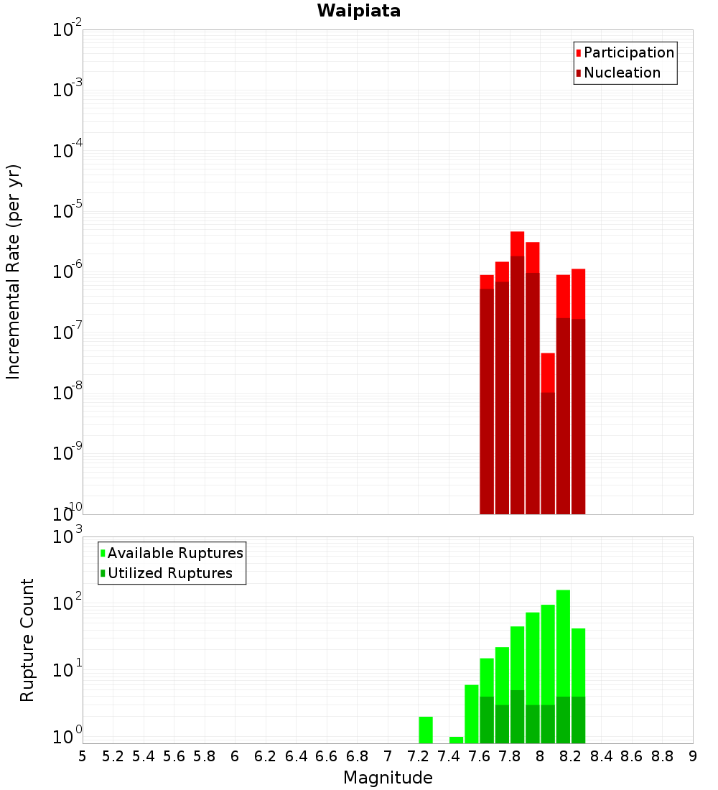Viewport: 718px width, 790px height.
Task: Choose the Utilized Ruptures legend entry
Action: tap(169, 573)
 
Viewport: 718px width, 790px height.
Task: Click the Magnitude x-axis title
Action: tap(388, 778)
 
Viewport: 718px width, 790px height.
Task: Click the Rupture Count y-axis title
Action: tap(27, 639)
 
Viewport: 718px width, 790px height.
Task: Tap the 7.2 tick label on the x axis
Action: tap(418, 756)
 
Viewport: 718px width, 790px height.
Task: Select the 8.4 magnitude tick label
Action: tap(601, 756)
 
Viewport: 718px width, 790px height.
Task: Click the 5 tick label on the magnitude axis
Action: tap(83, 756)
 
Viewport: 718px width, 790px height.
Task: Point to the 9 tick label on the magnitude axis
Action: tap(693, 756)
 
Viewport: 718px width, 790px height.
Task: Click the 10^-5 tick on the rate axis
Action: tap(67, 211)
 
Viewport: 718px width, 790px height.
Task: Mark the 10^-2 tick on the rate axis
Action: tap(67, 30)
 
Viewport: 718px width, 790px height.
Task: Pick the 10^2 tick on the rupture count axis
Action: tap(67, 603)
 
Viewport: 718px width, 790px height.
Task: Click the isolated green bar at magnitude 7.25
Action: tap(426, 730)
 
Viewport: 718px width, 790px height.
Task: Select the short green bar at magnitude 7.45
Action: tap(456, 740)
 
